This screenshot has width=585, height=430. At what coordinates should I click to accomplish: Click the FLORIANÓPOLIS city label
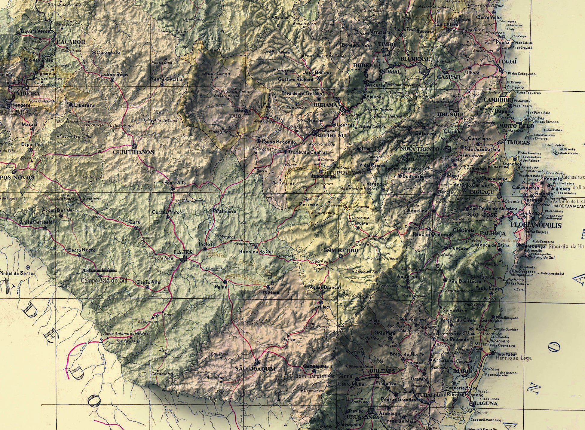pos(536,225)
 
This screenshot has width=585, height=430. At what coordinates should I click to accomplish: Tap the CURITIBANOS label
pos(133,152)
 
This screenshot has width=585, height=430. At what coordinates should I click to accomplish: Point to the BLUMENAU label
pos(416,59)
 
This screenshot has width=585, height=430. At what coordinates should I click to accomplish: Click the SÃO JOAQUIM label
pos(255,369)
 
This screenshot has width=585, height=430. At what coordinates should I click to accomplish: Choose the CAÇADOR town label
pos(71,42)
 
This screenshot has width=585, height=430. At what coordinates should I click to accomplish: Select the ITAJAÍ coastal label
pos(507,61)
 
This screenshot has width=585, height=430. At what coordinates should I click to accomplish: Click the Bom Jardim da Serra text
pos(315,376)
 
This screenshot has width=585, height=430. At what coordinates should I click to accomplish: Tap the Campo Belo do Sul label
pos(104,281)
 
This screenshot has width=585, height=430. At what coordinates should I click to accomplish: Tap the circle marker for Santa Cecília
pos(162,85)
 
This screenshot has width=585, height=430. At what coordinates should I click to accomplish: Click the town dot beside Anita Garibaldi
pos(45,228)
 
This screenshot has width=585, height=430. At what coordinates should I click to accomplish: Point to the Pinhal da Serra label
pos(16,273)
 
